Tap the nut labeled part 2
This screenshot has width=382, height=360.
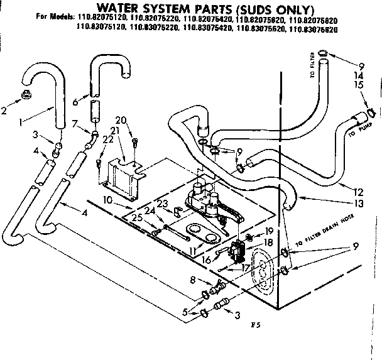[x=27, y=95]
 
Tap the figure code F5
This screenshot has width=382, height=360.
[x=254, y=325]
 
